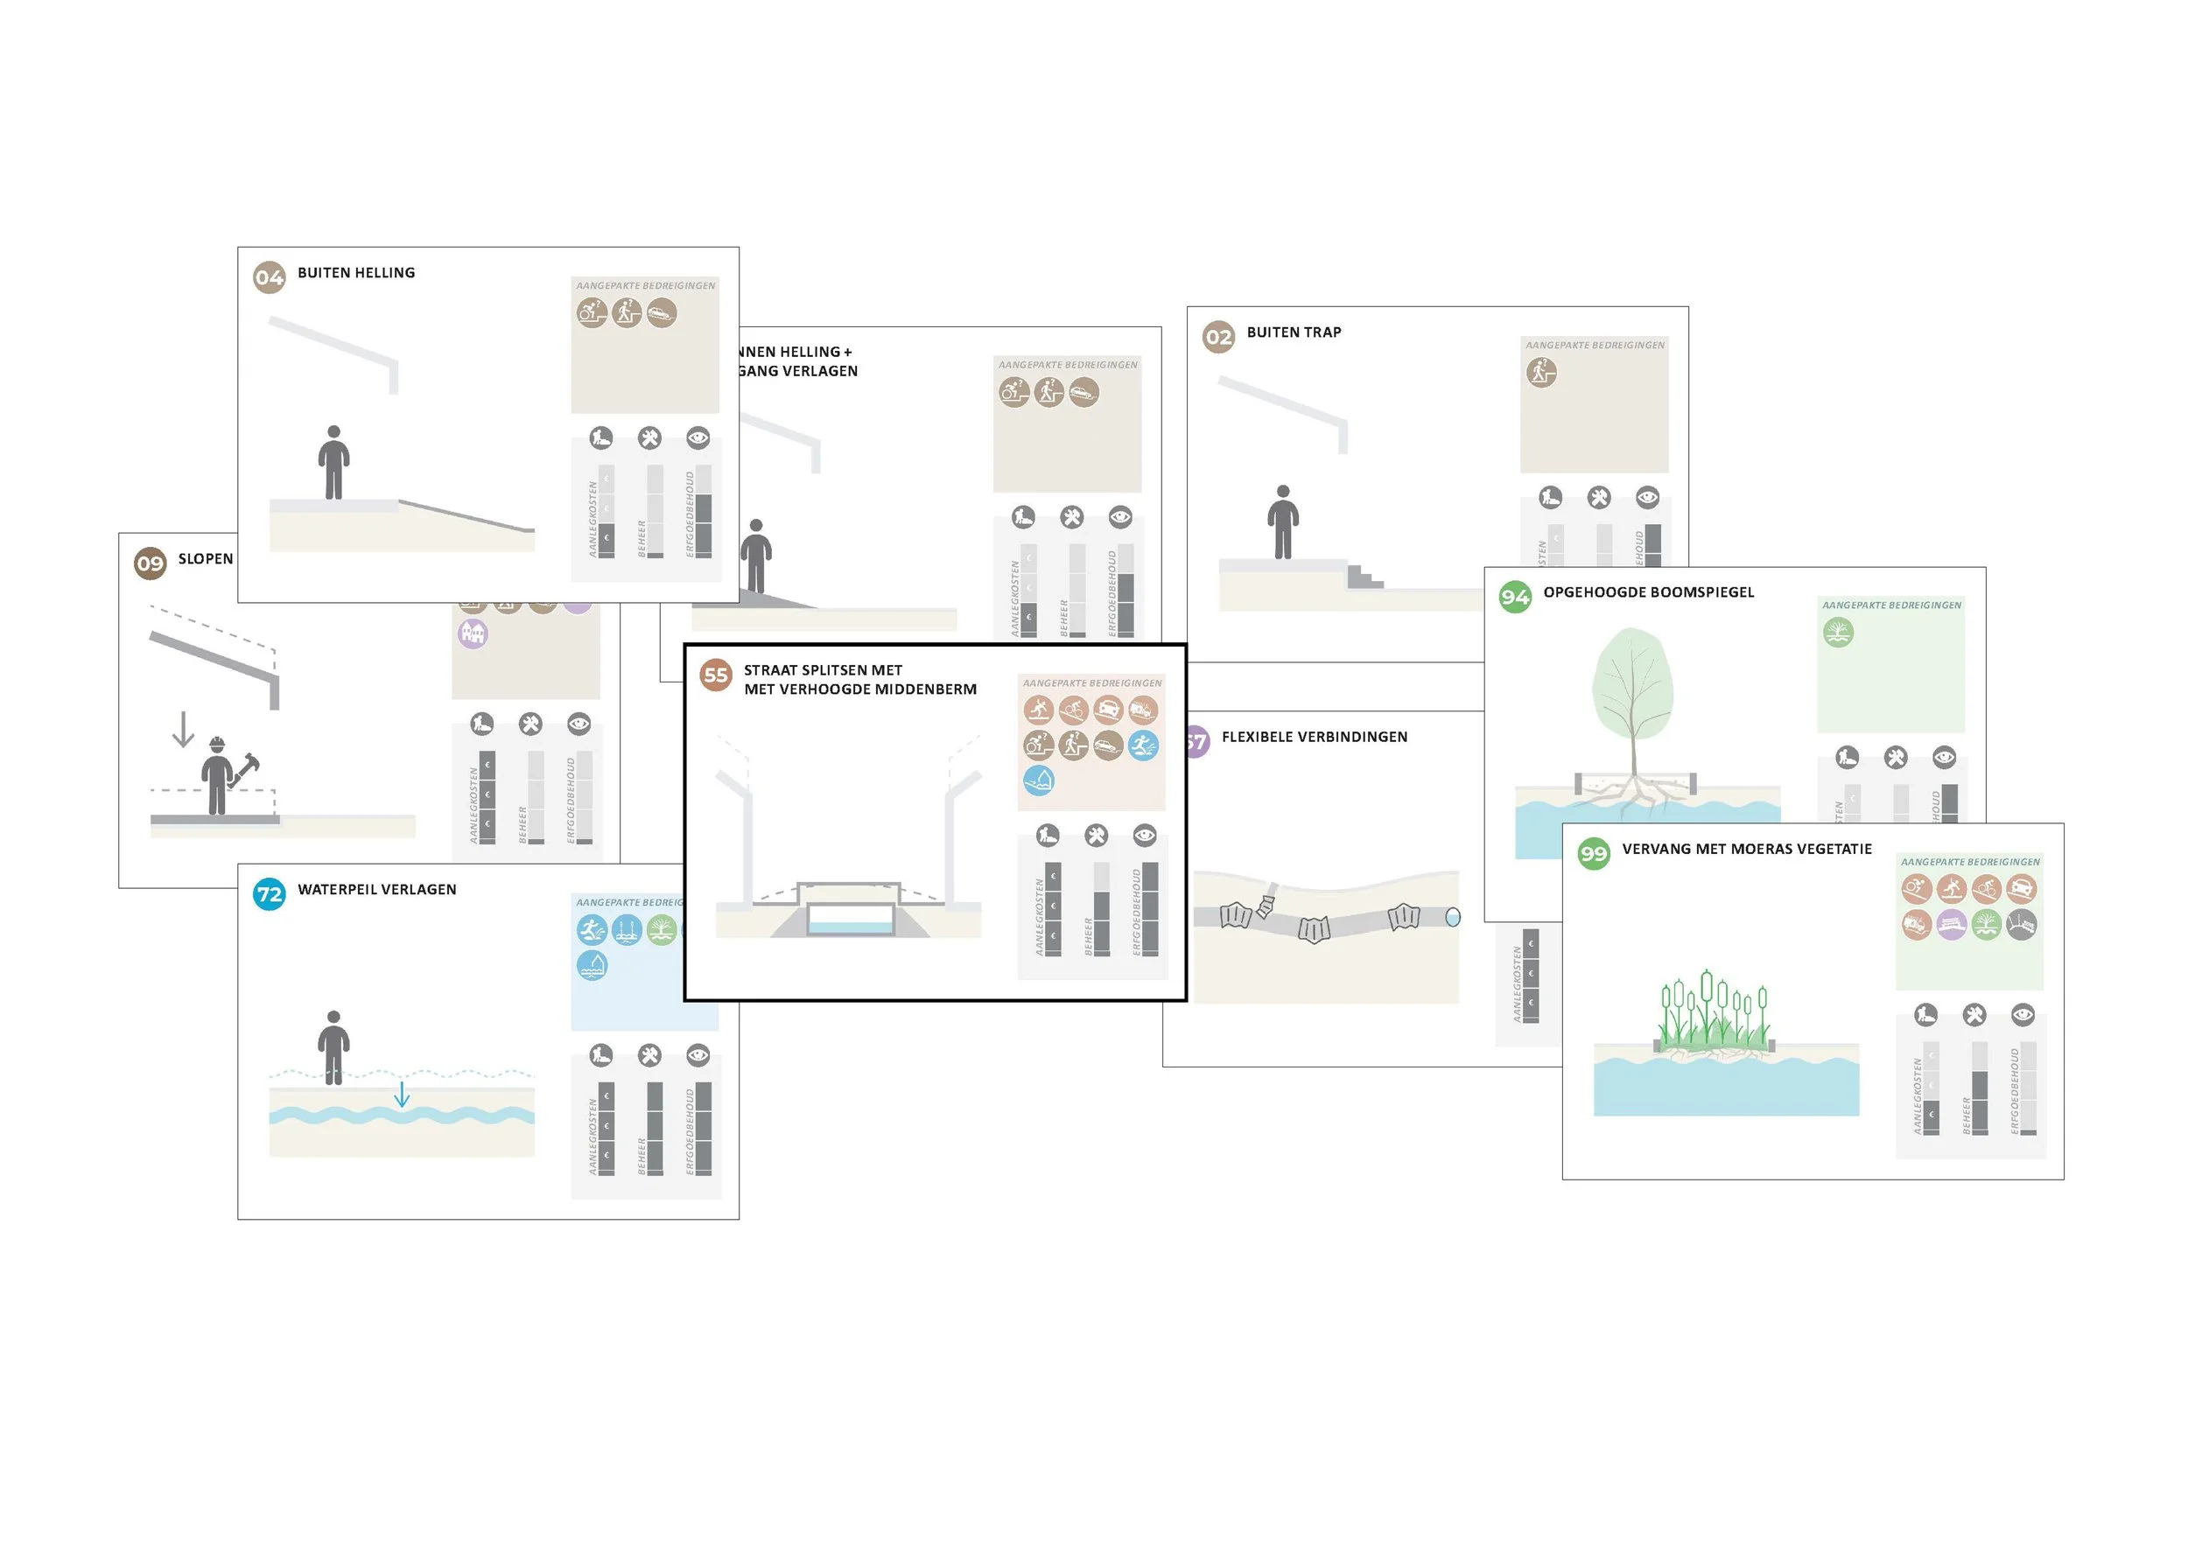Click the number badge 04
tap(269, 278)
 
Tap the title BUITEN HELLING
tap(356, 273)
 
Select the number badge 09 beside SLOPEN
tap(150, 563)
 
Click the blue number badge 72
tap(269, 894)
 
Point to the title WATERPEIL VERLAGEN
tap(376, 890)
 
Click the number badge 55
tap(716, 675)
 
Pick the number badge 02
tap(1218, 337)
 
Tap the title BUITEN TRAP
tap(1294, 332)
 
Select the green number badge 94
tap(1514, 598)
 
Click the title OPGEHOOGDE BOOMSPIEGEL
tap(1648, 592)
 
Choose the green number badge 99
tap(1594, 853)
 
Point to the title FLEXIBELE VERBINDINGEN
tap(1315, 738)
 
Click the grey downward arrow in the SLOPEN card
tap(183, 730)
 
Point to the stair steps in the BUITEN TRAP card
tap(1364, 577)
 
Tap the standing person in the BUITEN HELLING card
tap(333, 463)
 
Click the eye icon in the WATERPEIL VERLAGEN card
tap(698, 1054)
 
